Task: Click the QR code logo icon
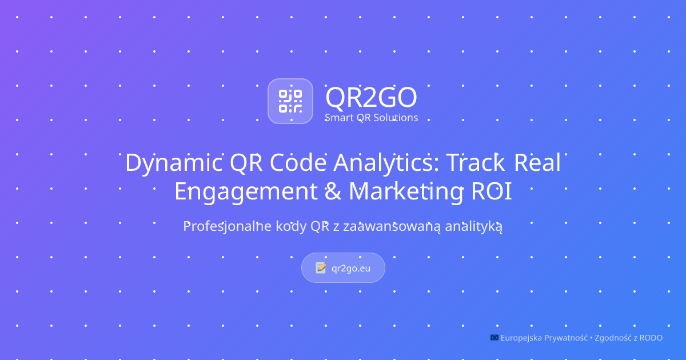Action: click(x=290, y=101)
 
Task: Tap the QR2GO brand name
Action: click(x=371, y=97)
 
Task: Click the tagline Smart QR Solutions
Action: click(x=371, y=118)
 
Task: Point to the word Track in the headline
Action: click(x=475, y=162)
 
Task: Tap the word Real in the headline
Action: click(x=537, y=162)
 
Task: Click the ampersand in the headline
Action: click(x=333, y=191)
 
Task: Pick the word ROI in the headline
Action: click(x=491, y=191)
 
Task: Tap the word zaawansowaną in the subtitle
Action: click(x=392, y=226)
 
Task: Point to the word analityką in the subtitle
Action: click(x=473, y=226)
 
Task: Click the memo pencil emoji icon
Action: click(x=321, y=268)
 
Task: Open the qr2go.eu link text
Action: click(x=351, y=269)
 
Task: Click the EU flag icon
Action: click(x=494, y=337)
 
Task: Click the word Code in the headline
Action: click(x=298, y=162)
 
